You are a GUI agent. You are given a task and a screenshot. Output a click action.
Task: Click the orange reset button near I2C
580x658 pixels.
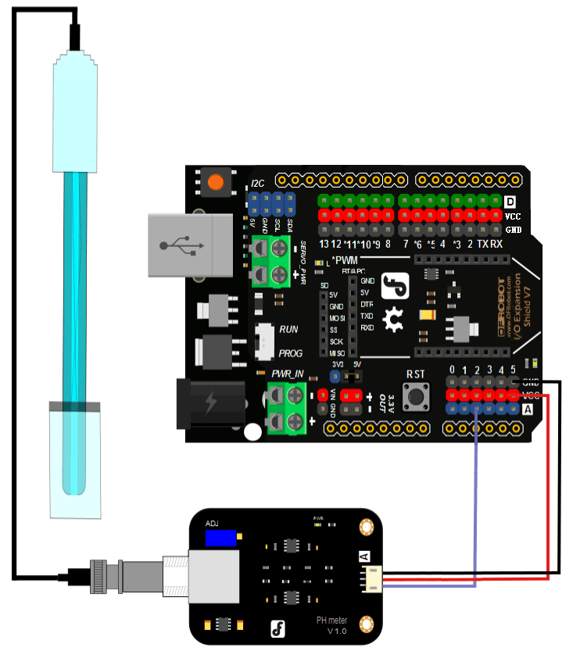point(215,183)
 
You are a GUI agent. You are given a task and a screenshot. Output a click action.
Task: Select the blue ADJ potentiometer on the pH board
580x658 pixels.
point(222,538)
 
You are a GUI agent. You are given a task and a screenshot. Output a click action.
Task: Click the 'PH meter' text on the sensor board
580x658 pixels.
point(331,620)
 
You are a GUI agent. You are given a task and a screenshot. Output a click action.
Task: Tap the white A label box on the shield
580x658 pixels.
point(528,409)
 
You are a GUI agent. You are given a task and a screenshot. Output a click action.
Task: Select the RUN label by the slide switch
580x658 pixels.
point(288,330)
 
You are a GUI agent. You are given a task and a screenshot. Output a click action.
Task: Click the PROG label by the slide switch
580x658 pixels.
point(291,353)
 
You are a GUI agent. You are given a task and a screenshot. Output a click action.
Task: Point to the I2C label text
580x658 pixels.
point(257,184)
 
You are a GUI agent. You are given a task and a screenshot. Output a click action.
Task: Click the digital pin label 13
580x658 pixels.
point(324,245)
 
